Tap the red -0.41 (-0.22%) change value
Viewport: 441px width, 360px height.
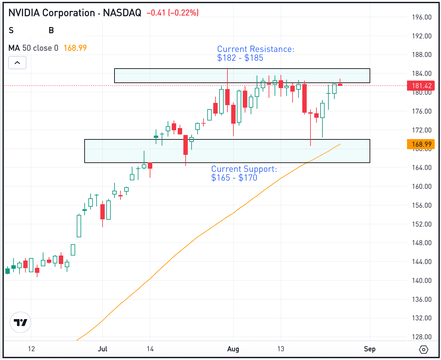(172, 13)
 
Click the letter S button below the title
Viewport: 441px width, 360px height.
(11, 31)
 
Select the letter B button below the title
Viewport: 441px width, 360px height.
(51, 31)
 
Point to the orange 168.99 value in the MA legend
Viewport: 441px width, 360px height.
(75, 48)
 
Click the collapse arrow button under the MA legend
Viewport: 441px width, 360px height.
(17, 63)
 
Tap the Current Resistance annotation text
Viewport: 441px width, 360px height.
(255, 53)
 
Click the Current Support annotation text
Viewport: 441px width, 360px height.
(244, 173)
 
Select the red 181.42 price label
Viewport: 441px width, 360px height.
(421, 86)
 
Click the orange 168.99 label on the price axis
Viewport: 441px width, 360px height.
(421, 144)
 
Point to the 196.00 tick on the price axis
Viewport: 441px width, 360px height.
(421, 17)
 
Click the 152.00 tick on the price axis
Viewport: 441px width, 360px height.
(421, 224)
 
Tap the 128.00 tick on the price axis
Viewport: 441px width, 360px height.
(421, 337)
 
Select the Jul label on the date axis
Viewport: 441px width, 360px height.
(103, 349)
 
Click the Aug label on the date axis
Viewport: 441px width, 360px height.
(233, 349)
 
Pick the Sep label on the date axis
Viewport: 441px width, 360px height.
(370, 349)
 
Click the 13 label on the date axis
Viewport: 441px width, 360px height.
(281, 349)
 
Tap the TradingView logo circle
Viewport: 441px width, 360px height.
(20, 323)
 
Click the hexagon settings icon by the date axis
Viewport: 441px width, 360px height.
(424, 349)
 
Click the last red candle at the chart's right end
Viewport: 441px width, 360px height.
(340, 84)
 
